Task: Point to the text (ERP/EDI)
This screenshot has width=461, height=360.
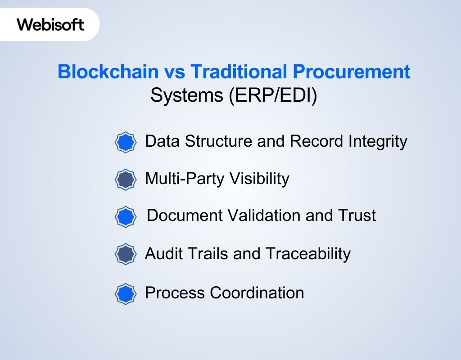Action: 273,95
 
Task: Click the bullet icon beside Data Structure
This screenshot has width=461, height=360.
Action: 125,142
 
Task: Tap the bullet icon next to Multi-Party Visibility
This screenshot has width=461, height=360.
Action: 125,180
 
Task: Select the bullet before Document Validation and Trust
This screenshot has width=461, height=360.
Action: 125,216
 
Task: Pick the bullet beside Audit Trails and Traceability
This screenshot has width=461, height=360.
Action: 125,254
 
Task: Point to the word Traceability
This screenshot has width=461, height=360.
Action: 307,254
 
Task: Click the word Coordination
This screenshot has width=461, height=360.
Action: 257,293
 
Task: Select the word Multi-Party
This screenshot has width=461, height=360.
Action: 185,179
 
